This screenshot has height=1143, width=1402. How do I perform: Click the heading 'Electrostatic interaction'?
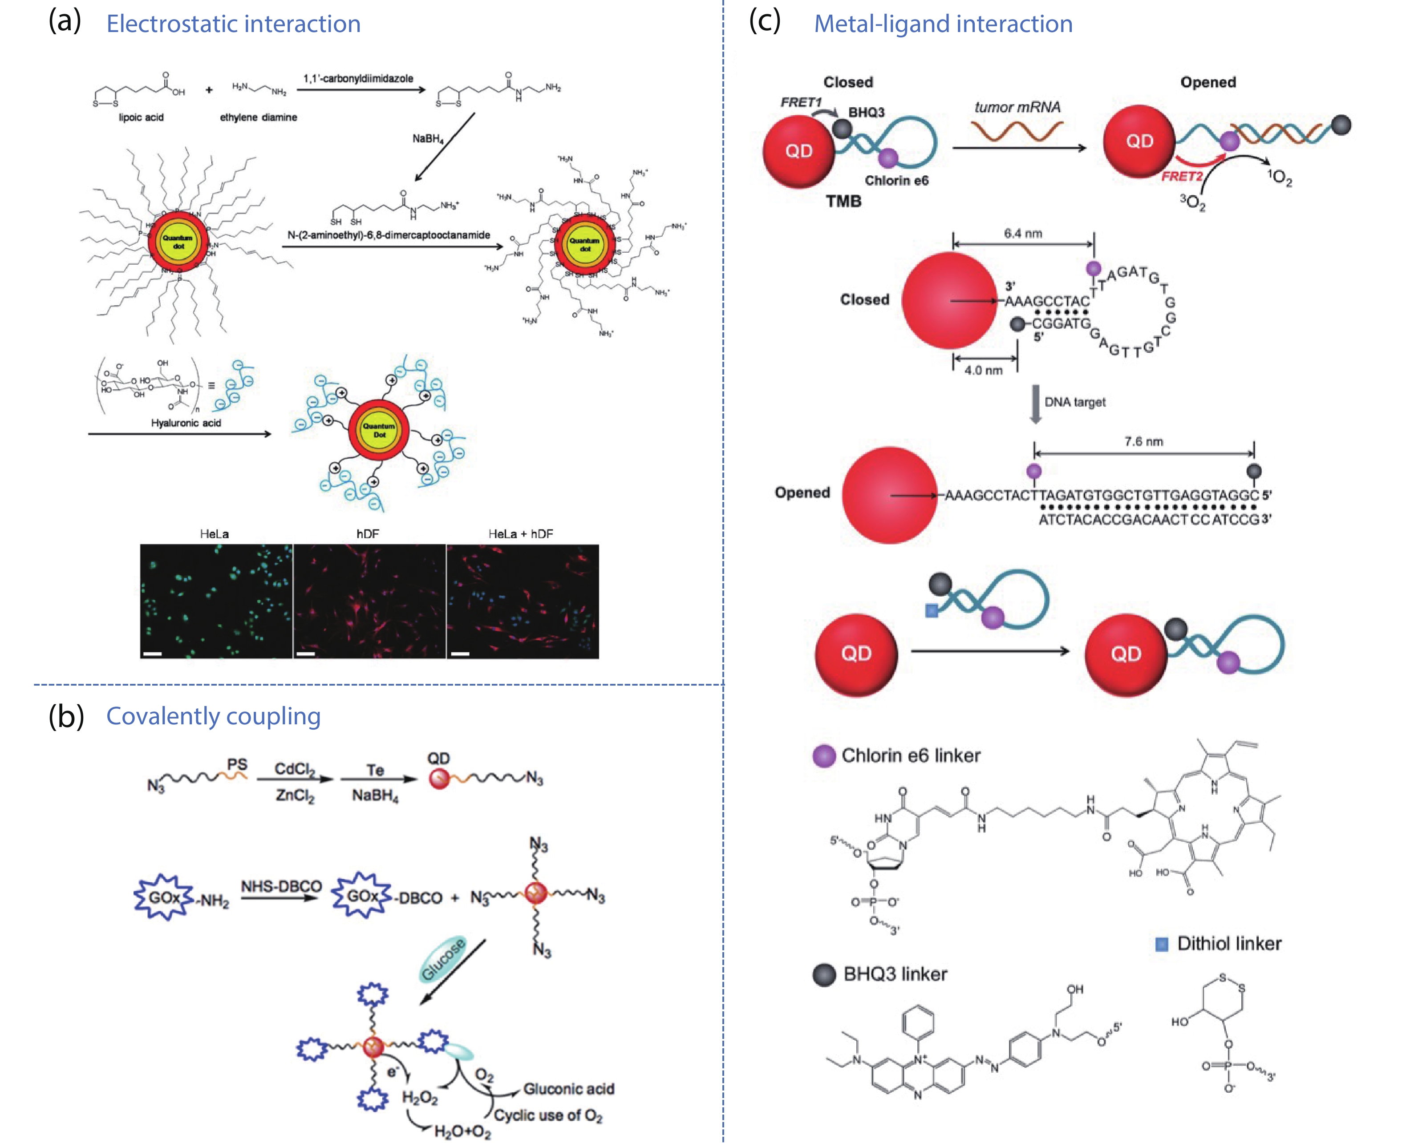coord(233,24)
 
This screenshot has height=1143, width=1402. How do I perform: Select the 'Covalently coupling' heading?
coord(213,716)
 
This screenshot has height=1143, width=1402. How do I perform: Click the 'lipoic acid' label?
coord(141,117)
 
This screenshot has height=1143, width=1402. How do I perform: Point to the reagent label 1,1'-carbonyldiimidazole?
coord(358,78)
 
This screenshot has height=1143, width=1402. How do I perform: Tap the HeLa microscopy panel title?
coord(214,534)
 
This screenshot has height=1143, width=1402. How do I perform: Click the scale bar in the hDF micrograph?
coord(306,654)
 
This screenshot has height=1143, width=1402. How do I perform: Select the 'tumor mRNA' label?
coord(1017,107)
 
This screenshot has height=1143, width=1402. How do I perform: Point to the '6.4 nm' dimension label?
coord(1023,233)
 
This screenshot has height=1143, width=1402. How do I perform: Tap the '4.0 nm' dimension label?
coord(983,371)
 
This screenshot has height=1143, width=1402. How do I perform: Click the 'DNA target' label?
coord(1075,402)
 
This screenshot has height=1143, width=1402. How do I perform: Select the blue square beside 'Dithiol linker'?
coord(1162,944)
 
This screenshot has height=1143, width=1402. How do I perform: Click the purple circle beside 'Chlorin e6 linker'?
coord(824,756)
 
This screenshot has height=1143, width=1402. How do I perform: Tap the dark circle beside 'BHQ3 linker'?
coord(824,974)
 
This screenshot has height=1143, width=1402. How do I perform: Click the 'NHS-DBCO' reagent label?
coord(281,886)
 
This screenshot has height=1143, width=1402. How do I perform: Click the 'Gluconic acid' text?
coord(568,1089)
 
